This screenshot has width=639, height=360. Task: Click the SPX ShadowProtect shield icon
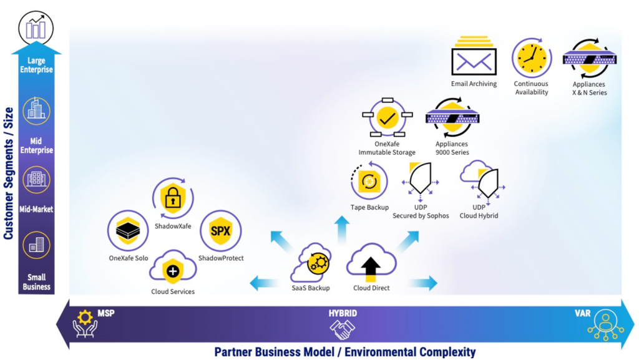(x=220, y=231)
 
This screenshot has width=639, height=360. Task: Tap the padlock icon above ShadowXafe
(x=173, y=198)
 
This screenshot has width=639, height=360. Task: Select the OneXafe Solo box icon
(x=128, y=231)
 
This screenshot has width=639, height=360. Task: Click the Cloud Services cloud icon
(x=173, y=267)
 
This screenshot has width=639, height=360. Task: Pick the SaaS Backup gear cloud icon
(x=311, y=263)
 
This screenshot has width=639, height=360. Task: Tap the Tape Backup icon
(x=369, y=181)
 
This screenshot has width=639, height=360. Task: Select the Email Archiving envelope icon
(x=474, y=56)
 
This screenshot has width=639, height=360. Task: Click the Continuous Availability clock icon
(x=532, y=58)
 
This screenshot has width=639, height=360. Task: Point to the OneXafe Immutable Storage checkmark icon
(x=387, y=117)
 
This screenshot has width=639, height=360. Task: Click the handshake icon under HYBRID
(x=343, y=329)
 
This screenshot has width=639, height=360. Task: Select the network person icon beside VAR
(x=605, y=325)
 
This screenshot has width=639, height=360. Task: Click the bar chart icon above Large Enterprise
(x=36, y=29)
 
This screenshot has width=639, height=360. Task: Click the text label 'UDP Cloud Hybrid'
(x=479, y=212)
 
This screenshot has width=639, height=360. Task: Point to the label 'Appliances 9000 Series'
(x=452, y=148)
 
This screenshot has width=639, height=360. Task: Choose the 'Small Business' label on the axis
(x=36, y=282)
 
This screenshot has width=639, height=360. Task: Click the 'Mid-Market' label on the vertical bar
(x=36, y=209)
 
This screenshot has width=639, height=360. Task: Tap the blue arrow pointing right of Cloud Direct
(x=423, y=283)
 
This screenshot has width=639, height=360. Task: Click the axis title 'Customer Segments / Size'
(x=9, y=173)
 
